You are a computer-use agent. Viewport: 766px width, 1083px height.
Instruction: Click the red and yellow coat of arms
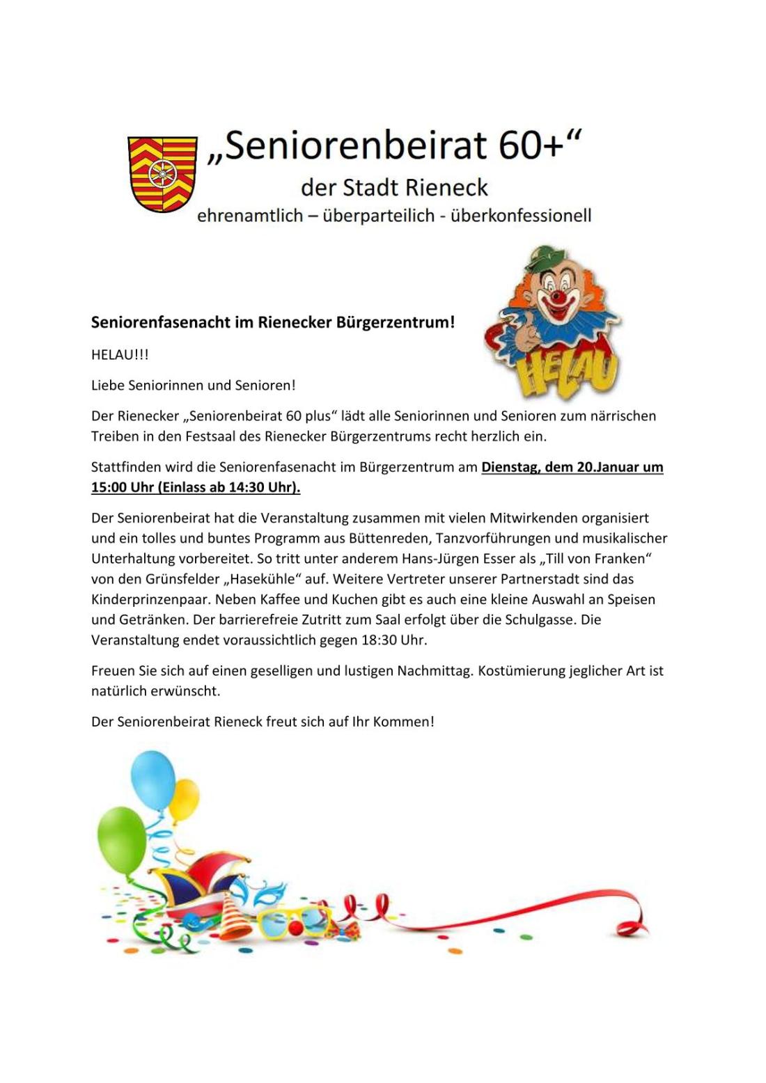pyautogui.click(x=162, y=173)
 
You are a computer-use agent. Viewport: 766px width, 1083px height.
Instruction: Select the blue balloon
pyautogui.click(x=153, y=779)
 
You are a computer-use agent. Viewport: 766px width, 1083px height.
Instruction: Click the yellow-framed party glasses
pyautogui.click(x=296, y=919)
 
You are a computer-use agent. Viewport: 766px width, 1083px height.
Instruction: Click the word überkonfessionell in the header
pyautogui.click(x=521, y=216)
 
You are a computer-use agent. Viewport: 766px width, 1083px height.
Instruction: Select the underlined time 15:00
pyautogui.click(x=109, y=487)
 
